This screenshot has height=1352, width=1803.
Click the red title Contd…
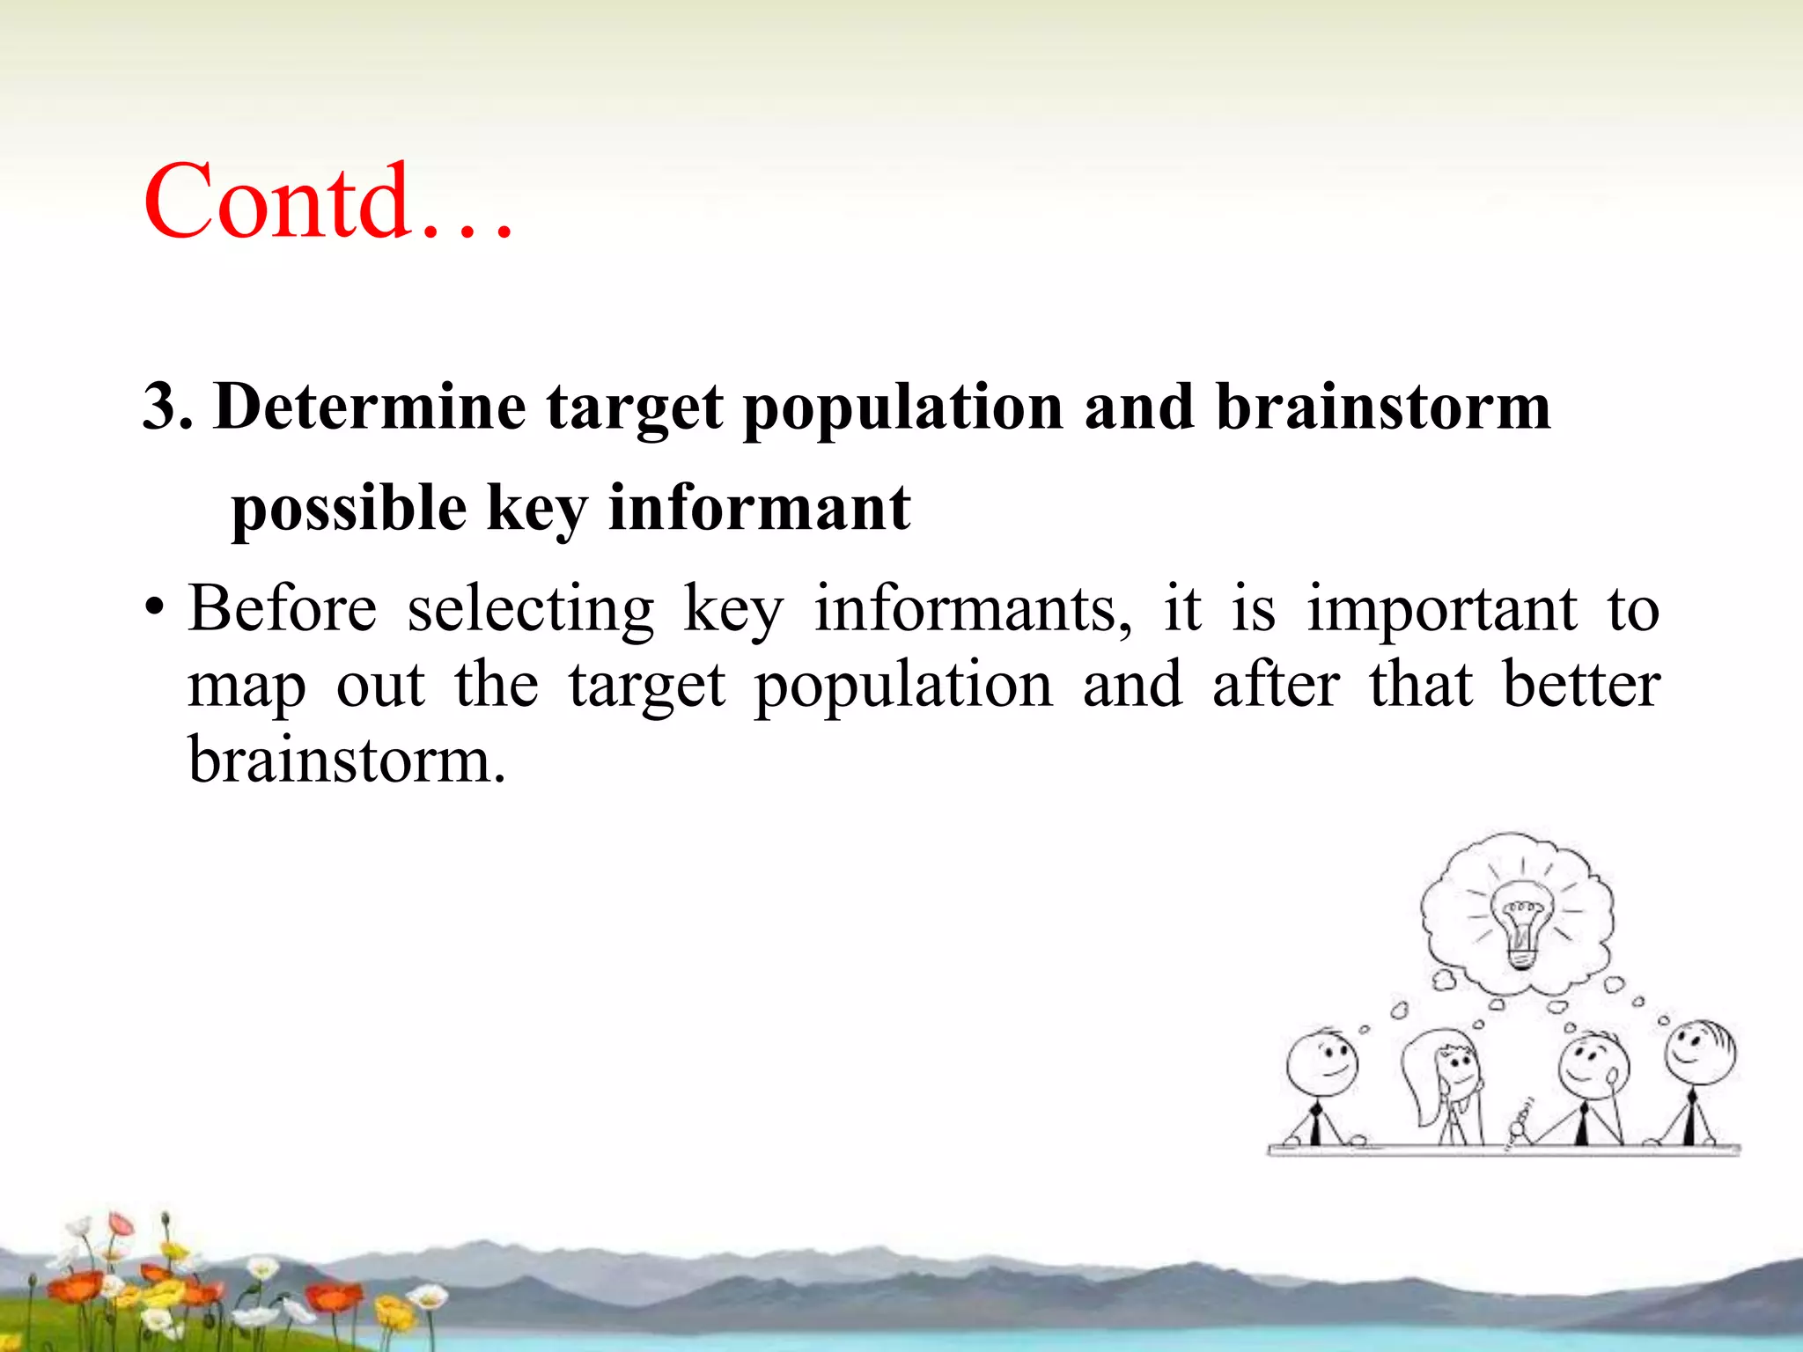(327, 202)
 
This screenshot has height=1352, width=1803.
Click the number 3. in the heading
(167, 408)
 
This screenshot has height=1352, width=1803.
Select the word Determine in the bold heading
(370, 408)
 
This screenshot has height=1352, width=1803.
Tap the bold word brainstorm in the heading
(1382, 408)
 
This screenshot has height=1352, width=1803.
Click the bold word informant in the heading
(759, 509)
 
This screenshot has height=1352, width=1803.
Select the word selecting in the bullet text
(531, 609)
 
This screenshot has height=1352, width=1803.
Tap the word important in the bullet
(1441, 609)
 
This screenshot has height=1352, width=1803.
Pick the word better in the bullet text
(1581, 685)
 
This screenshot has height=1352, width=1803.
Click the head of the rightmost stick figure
(1699, 1052)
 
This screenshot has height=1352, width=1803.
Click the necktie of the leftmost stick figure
(1315, 1125)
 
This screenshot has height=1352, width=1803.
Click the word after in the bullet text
(1276, 685)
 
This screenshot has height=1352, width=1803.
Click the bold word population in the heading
(903, 408)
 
